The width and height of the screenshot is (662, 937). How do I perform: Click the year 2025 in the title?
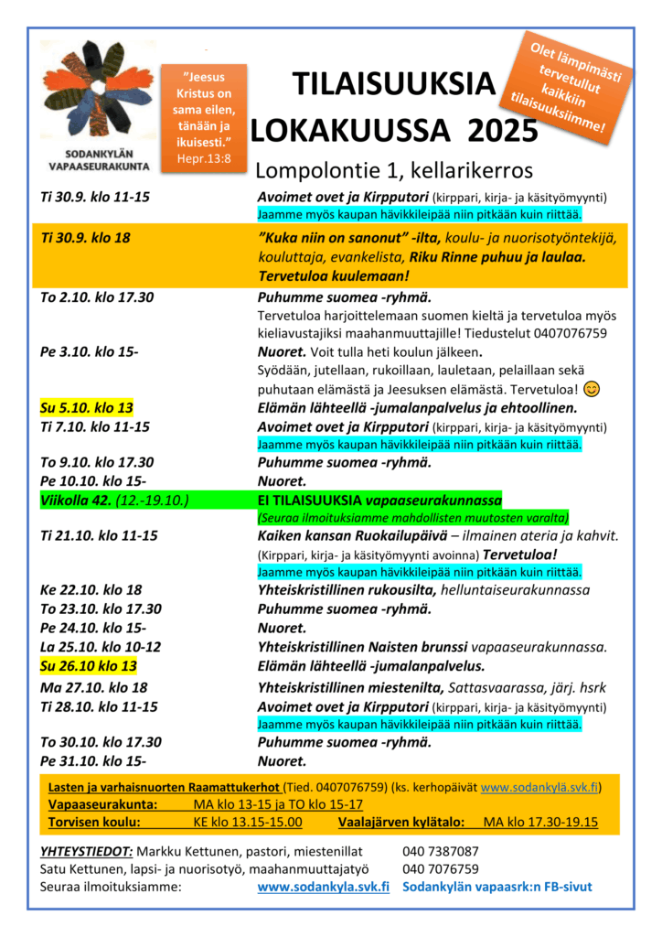pyautogui.click(x=502, y=131)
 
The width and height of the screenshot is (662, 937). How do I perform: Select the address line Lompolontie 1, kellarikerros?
pyautogui.click(x=393, y=171)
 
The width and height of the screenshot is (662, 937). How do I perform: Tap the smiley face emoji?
pyautogui.click(x=592, y=389)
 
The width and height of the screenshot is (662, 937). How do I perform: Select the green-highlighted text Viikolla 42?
pyautogui.click(x=77, y=500)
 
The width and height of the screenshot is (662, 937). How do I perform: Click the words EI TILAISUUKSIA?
pyautogui.click(x=311, y=501)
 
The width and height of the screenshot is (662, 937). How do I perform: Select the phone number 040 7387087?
pyautogui.click(x=441, y=851)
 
